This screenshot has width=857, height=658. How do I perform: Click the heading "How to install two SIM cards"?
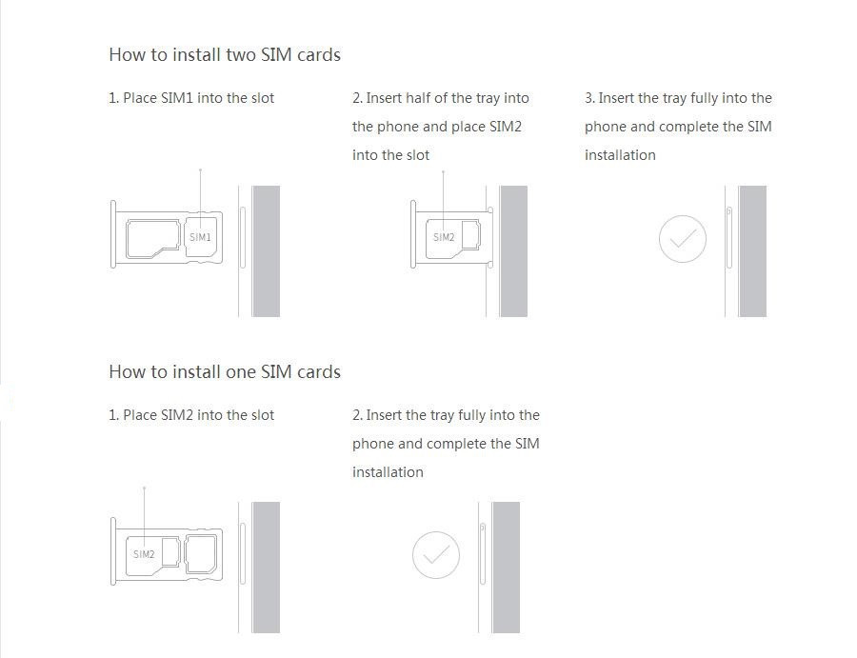225,54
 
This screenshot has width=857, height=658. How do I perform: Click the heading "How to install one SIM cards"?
225,371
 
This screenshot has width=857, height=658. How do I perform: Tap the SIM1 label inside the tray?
200,237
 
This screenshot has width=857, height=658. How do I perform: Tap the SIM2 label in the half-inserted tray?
444,237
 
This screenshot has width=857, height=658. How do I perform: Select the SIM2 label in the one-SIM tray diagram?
144,554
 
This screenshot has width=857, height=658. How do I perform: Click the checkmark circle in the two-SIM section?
682,239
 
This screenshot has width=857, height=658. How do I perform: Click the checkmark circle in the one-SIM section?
435,555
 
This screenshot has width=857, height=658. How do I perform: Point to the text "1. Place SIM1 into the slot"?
191,98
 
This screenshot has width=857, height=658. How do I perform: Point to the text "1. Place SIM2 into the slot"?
191,415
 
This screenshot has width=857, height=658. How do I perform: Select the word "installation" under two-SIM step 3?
620,155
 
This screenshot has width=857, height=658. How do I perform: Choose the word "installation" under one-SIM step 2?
388,472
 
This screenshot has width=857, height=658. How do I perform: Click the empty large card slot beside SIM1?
153,238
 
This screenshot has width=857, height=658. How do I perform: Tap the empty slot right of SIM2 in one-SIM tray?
202,554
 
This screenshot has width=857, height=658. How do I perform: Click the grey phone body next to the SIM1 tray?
267,250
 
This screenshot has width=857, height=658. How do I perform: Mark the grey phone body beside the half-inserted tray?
514,250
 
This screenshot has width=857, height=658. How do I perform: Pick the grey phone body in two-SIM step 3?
752,250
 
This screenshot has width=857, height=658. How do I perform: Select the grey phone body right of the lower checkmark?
507,568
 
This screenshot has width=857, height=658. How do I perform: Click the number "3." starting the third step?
589,98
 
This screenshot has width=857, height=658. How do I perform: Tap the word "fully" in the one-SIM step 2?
471,416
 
